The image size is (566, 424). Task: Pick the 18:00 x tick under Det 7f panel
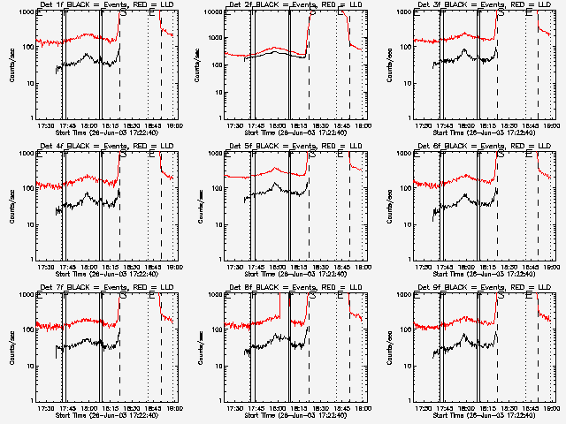(x=89, y=408)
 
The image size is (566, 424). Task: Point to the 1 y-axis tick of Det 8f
(x=219, y=399)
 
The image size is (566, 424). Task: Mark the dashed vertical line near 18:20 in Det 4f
(x=120, y=212)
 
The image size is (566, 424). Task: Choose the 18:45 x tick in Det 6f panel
(x=531, y=267)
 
